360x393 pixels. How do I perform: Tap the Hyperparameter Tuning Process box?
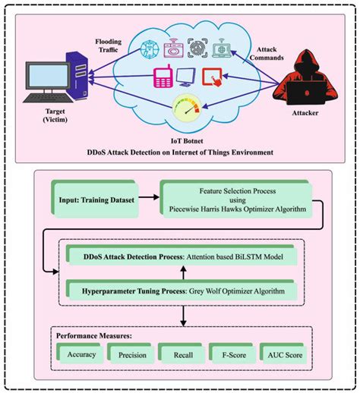[180, 290]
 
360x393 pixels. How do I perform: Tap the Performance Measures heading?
[95, 334]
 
